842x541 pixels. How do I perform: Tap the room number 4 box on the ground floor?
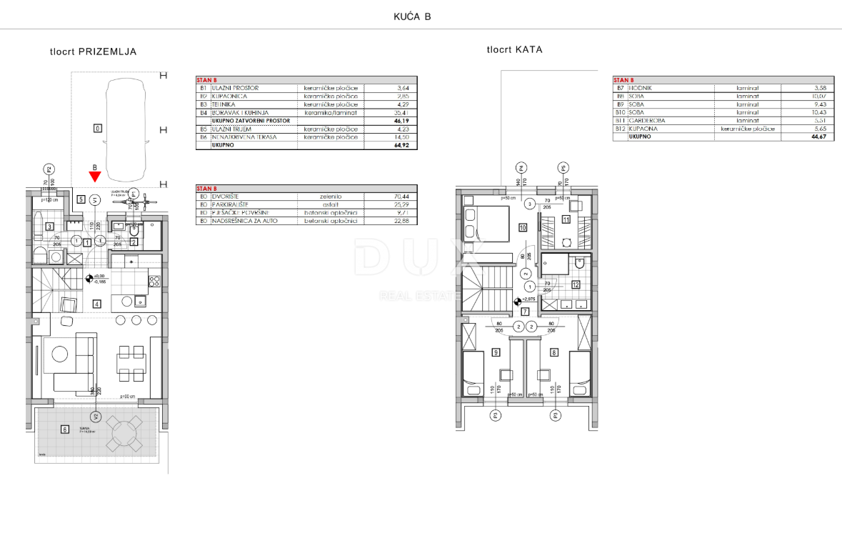(96, 304)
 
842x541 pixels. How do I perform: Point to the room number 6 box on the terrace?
(65, 429)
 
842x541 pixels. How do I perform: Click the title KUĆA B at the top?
(412, 16)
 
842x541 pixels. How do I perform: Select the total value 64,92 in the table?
(404, 145)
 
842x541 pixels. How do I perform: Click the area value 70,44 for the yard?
(404, 197)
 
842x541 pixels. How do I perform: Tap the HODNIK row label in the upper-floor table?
(639, 88)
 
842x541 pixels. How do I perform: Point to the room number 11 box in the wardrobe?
(565, 219)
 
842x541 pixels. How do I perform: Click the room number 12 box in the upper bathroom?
(575, 284)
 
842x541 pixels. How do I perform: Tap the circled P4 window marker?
(521, 169)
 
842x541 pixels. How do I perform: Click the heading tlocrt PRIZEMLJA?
(93, 51)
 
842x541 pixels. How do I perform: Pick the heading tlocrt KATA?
(514, 49)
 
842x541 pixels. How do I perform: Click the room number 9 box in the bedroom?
(495, 352)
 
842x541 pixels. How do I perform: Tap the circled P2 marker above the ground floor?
(49, 169)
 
